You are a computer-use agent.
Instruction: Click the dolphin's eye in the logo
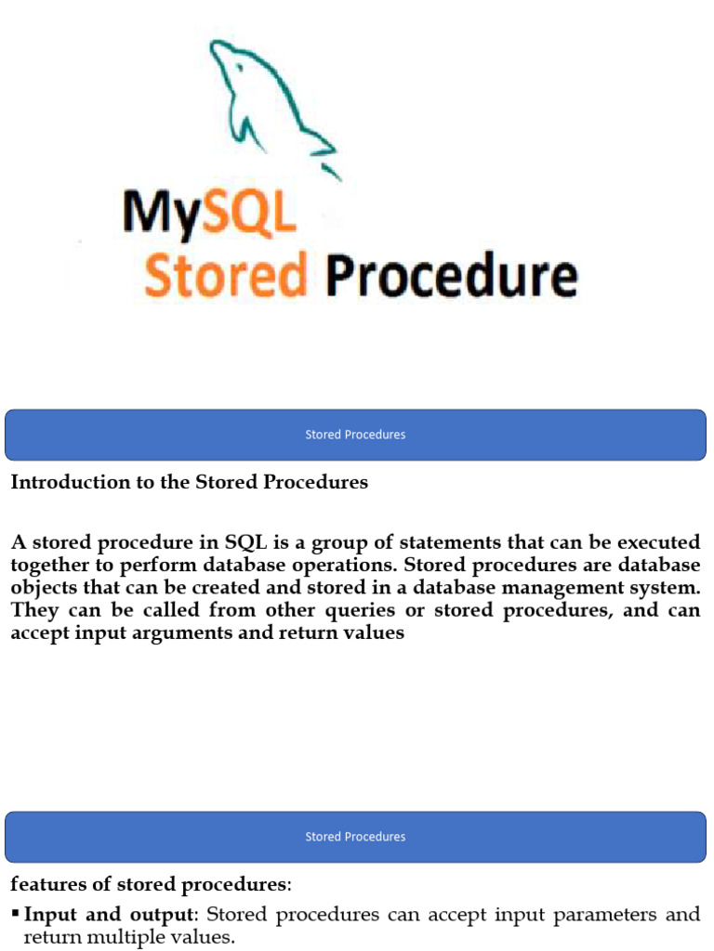tap(241, 68)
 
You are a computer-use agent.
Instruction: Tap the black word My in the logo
tap(162, 213)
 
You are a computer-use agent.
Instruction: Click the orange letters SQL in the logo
tap(249, 211)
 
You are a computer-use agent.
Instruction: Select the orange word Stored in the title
tap(225, 275)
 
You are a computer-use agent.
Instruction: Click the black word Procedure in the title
tap(452, 275)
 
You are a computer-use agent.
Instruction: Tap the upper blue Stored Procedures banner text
tap(355, 435)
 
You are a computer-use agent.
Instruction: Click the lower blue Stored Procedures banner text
tap(355, 837)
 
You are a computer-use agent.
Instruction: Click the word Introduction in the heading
tap(71, 482)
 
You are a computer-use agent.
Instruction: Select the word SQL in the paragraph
tap(245, 541)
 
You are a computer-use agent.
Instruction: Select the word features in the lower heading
tap(48, 884)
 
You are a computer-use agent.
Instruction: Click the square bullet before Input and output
tap(16, 913)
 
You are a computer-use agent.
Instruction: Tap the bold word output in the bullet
tap(162, 915)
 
